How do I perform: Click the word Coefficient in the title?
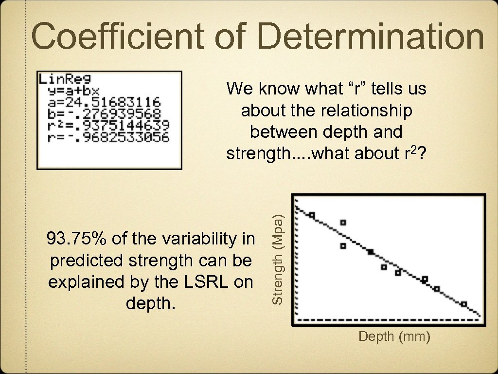(x=122, y=37)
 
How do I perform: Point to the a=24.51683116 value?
(x=104, y=102)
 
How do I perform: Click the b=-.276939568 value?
(x=104, y=113)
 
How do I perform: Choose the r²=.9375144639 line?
(x=108, y=125)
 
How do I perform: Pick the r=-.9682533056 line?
(x=108, y=137)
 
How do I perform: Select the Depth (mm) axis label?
(x=394, y=337)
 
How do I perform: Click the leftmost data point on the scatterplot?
(x=312, y=215)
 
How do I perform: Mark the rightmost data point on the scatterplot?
(x=464, y=304)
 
